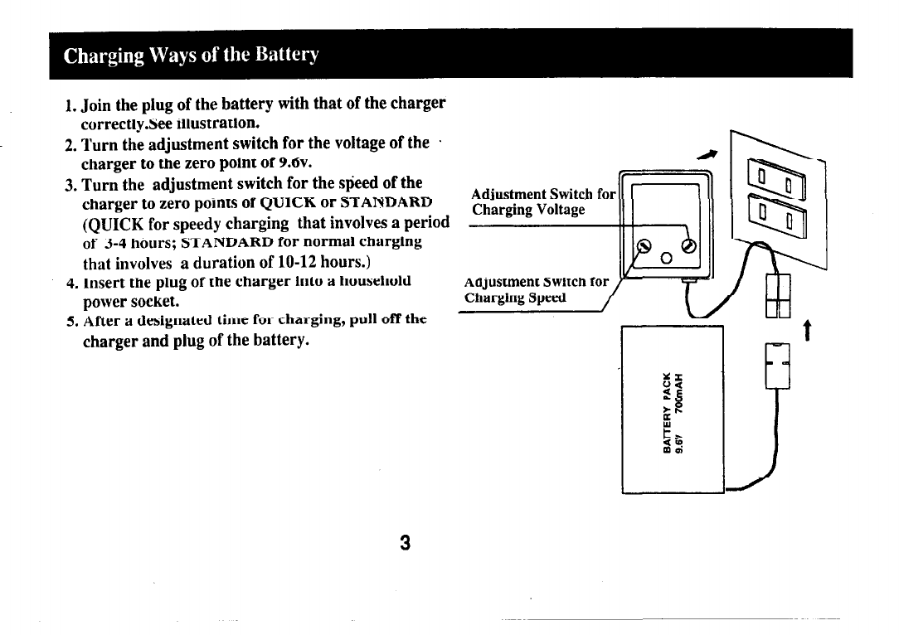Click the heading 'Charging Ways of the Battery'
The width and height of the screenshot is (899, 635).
192,56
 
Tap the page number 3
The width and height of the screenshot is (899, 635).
406,543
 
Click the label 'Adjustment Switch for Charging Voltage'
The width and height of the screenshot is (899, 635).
543,201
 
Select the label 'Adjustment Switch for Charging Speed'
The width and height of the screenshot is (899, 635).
537,290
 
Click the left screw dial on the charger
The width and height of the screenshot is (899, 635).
644,246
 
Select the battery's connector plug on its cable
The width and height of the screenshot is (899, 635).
778,364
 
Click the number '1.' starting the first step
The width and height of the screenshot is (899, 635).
71,106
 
